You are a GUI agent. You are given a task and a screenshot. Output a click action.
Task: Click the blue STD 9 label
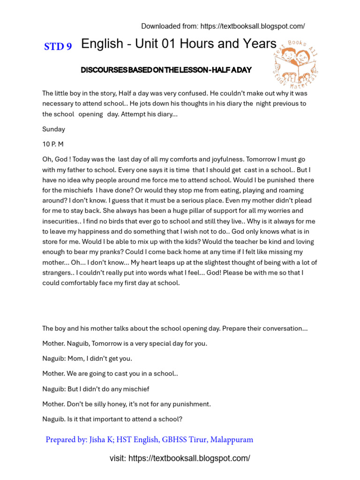[58, 46]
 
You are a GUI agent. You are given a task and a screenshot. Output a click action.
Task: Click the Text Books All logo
[296, 63]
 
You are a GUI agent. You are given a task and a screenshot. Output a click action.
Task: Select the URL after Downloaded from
[253, 26]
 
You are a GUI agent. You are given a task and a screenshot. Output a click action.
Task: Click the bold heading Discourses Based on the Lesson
[166, 70]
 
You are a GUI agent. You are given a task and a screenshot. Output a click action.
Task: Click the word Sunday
[53, 129]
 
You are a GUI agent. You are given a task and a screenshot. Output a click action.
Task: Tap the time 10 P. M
[52, 144]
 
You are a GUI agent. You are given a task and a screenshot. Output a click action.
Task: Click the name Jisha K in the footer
[102, 440]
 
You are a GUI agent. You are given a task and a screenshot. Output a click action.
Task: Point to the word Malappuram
[232, 440]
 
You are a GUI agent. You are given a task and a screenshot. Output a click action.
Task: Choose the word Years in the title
[257, 44]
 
